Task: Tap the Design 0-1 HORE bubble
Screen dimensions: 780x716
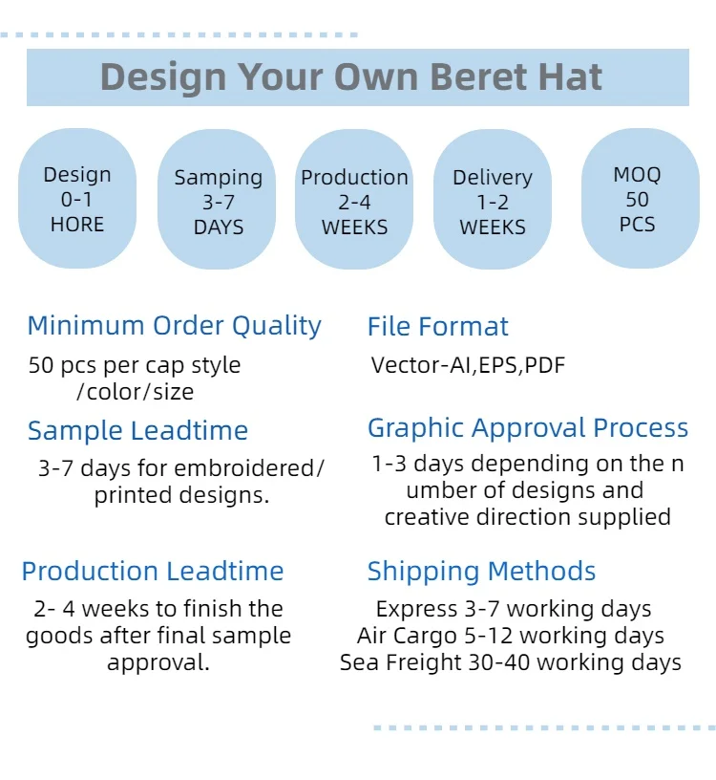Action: coord(77,199)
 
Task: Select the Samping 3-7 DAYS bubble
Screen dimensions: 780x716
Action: coord(218,202)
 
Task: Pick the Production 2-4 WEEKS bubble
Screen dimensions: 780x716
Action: coord(354,202)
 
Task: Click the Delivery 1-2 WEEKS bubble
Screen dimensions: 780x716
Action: coord(493,202)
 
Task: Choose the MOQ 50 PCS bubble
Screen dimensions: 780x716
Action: coord(637,199)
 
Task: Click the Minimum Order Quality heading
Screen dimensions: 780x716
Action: coord(174,326)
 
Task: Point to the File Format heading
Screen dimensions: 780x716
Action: coord(438,326)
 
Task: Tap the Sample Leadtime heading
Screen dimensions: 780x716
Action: coord(137,431)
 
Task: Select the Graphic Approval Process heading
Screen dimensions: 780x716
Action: coord(528,428)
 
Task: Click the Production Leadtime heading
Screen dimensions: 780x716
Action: coord(153,572)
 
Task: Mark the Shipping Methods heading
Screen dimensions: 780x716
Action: coord(481,572)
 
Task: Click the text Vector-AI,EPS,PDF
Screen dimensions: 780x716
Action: coord(468,365)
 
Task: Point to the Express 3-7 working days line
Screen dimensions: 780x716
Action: coord(514,609)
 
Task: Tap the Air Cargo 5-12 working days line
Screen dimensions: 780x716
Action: coord(511,636)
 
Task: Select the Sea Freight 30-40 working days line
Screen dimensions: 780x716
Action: coord(511,662)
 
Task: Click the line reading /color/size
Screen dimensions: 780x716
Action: coord(135,392)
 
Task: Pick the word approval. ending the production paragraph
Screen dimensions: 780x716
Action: coord(158,662)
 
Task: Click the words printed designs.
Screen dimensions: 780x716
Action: coord(181,495)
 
